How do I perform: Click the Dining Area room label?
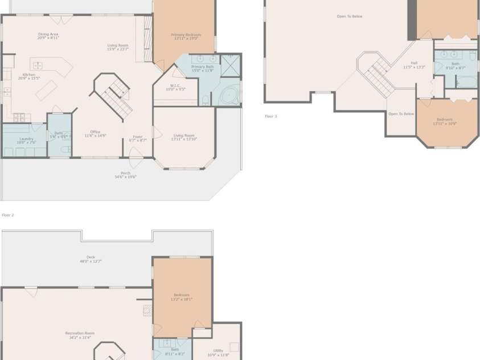coord(48,36)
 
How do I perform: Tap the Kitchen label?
coord(28,76)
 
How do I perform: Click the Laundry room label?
coord(26,140)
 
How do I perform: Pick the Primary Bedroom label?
coord(186,36)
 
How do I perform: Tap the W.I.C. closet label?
coord(175,87)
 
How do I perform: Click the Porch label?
coord(125,175)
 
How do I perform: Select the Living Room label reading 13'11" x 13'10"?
coord(184,137)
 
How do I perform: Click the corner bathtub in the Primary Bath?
coord(228,96)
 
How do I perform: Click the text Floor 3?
coord(270,116)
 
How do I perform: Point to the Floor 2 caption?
coord(8,215)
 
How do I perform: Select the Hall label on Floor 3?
coord(414,65)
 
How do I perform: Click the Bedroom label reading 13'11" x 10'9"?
coord(444,121)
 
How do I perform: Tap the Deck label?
coord(91,259)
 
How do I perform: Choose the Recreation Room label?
coord(80,335)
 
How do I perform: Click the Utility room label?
coord(218,353)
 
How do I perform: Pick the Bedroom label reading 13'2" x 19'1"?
coord(181,297)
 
